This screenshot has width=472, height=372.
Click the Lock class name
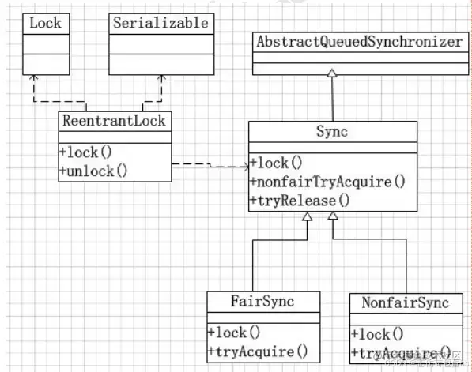pos(44,23)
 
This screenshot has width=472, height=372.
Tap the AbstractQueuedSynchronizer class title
pos(358,42)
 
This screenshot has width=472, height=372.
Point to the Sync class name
pos(332,131)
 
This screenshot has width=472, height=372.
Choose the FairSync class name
pos(263,302)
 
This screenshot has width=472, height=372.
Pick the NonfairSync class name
pos(405,302)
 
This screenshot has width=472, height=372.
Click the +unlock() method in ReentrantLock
pos(93,170)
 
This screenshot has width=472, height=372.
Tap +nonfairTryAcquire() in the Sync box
pos(327,182)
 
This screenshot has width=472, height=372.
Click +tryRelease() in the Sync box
pos(300,201)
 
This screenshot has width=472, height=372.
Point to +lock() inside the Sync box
pos(277,164)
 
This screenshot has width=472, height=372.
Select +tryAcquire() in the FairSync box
pos(257,351)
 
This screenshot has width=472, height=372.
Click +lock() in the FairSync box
pos(235,333)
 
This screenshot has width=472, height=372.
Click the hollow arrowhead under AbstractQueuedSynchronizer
pos(332,73)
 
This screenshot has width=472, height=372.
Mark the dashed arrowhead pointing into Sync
pos(244,166)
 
